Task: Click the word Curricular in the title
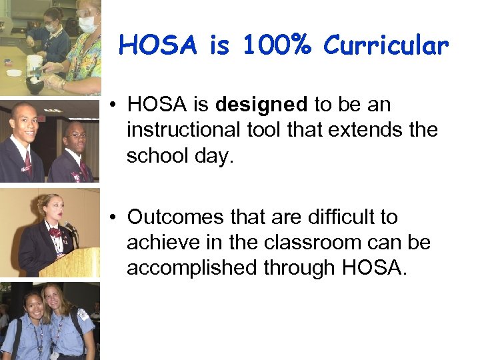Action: pyautogui.click(x=387, y=45)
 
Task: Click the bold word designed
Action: pyautogui.click(x=261, y=105)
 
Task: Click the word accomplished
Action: pyautogui.click(x=191, y=267)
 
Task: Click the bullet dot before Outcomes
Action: pyautogui.click(x=116, y=217)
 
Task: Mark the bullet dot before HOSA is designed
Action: pyautogui.click(x=116, y=105)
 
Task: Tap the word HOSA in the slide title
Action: pyautogui.click(x=161, y=45)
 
